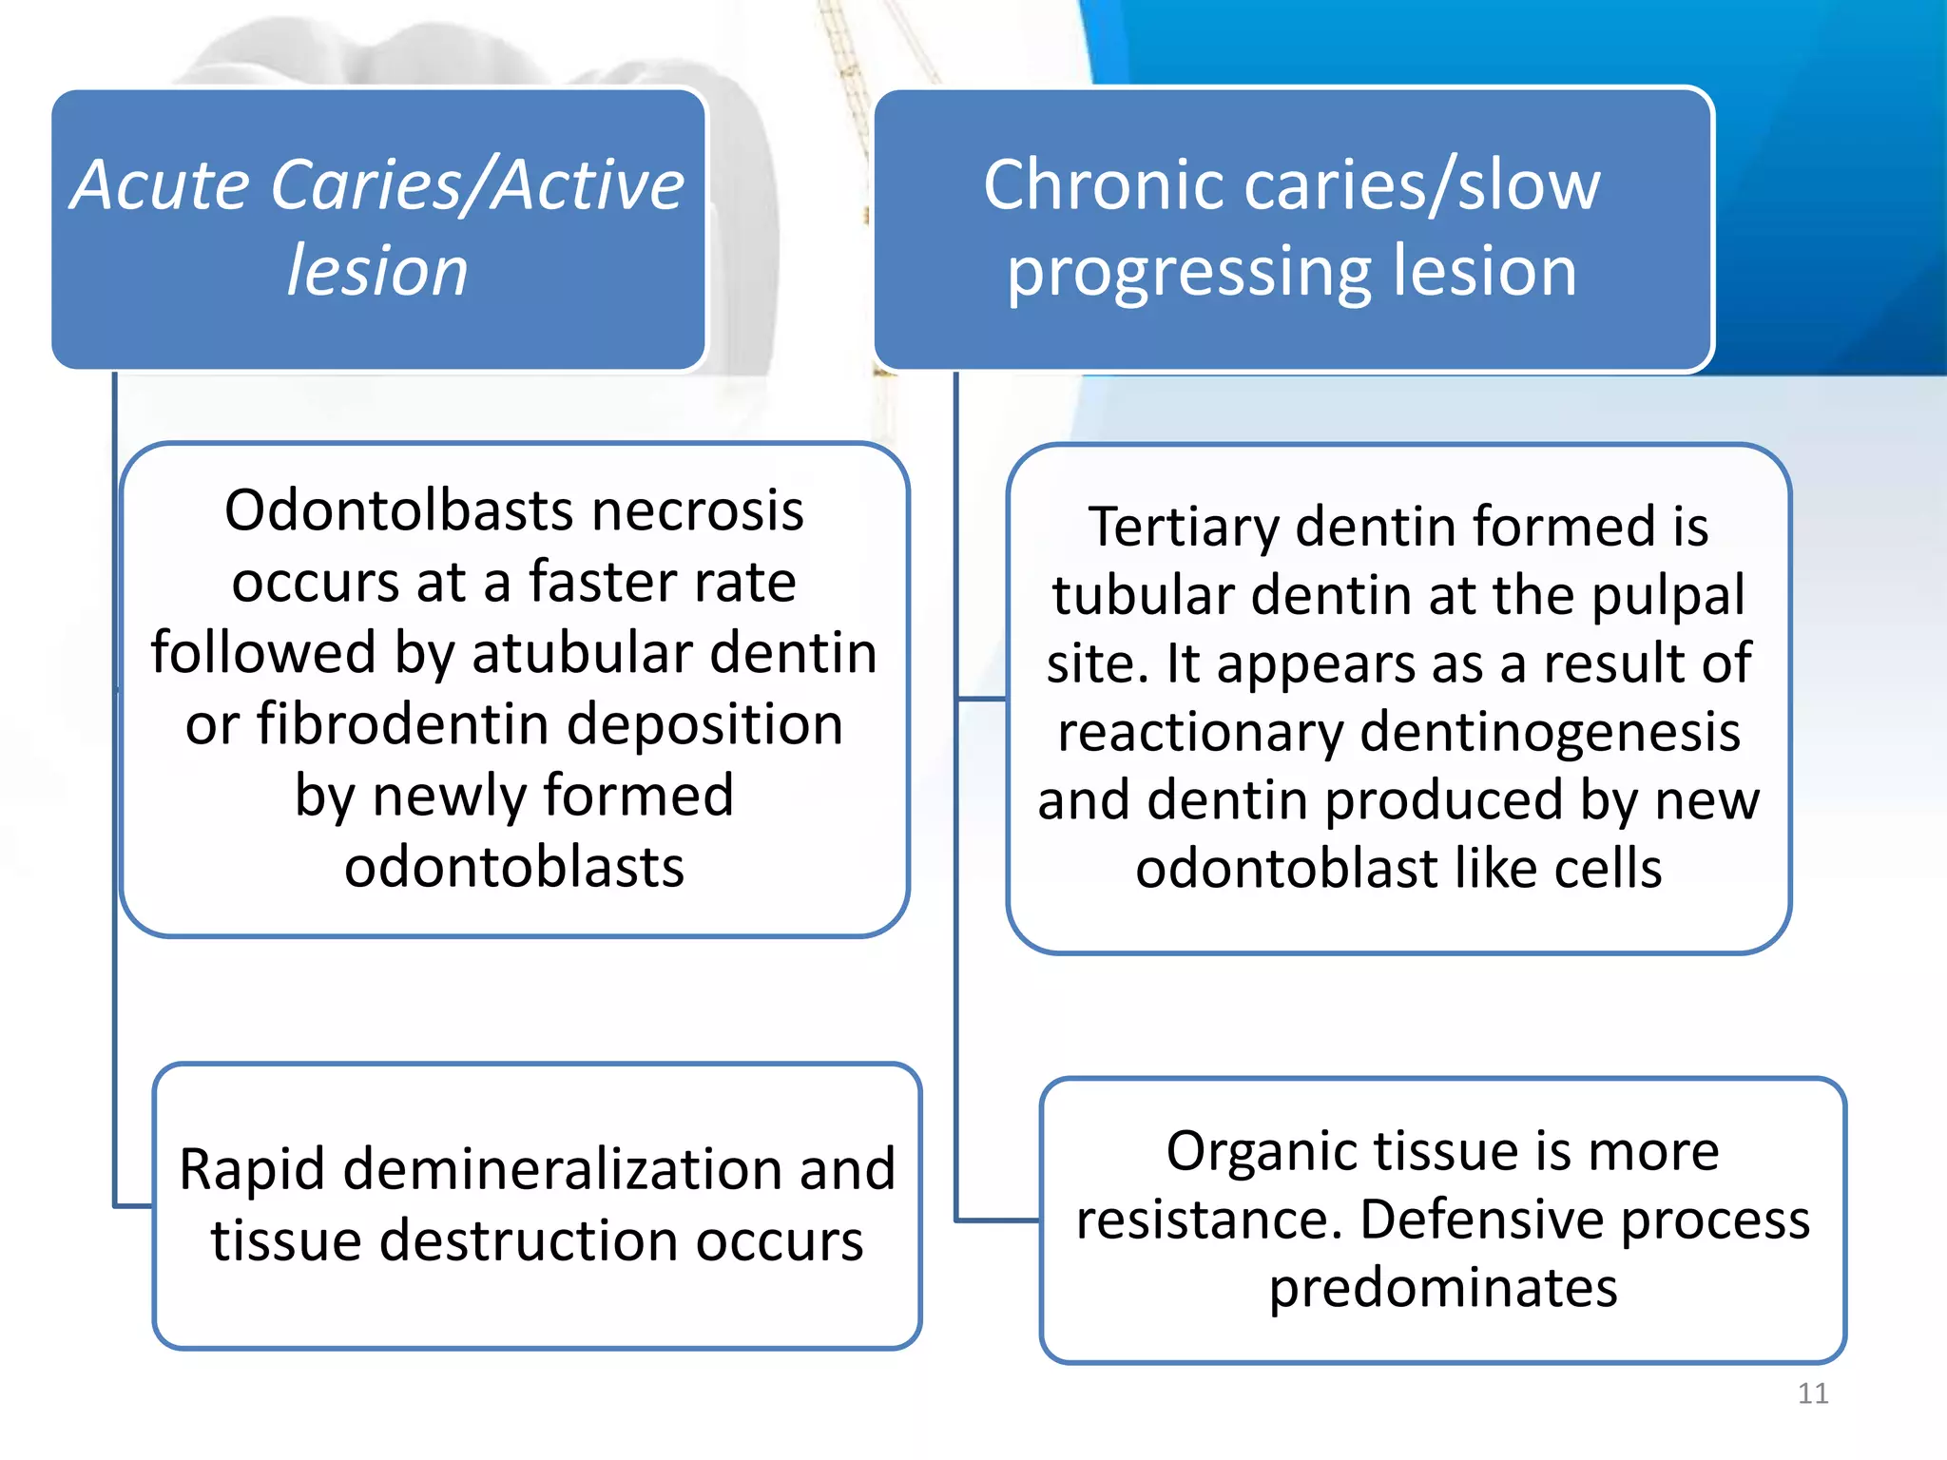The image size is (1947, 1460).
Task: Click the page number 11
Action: (1812, 1393)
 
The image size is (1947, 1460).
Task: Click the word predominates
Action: (1442, 1288)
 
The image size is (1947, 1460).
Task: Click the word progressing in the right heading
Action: (1189, 274)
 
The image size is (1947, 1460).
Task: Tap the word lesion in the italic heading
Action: (377, 272)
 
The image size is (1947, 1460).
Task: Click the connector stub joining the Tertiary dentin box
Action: (981, 700)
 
